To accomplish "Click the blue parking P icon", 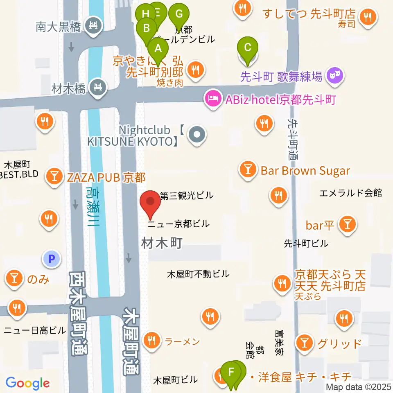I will pos(52,258).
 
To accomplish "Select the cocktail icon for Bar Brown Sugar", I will pos(248,170).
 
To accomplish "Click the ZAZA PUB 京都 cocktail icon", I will pos(54,177).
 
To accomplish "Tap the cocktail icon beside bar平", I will pos(348,224).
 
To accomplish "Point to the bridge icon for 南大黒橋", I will pos(93,25).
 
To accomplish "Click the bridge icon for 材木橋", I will pos(98,87).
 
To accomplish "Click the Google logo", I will pos(27,383).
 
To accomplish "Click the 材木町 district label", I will pos(161,243).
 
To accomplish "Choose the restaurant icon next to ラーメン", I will pos(152,340).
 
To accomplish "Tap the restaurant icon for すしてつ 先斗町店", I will pos(367,17).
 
